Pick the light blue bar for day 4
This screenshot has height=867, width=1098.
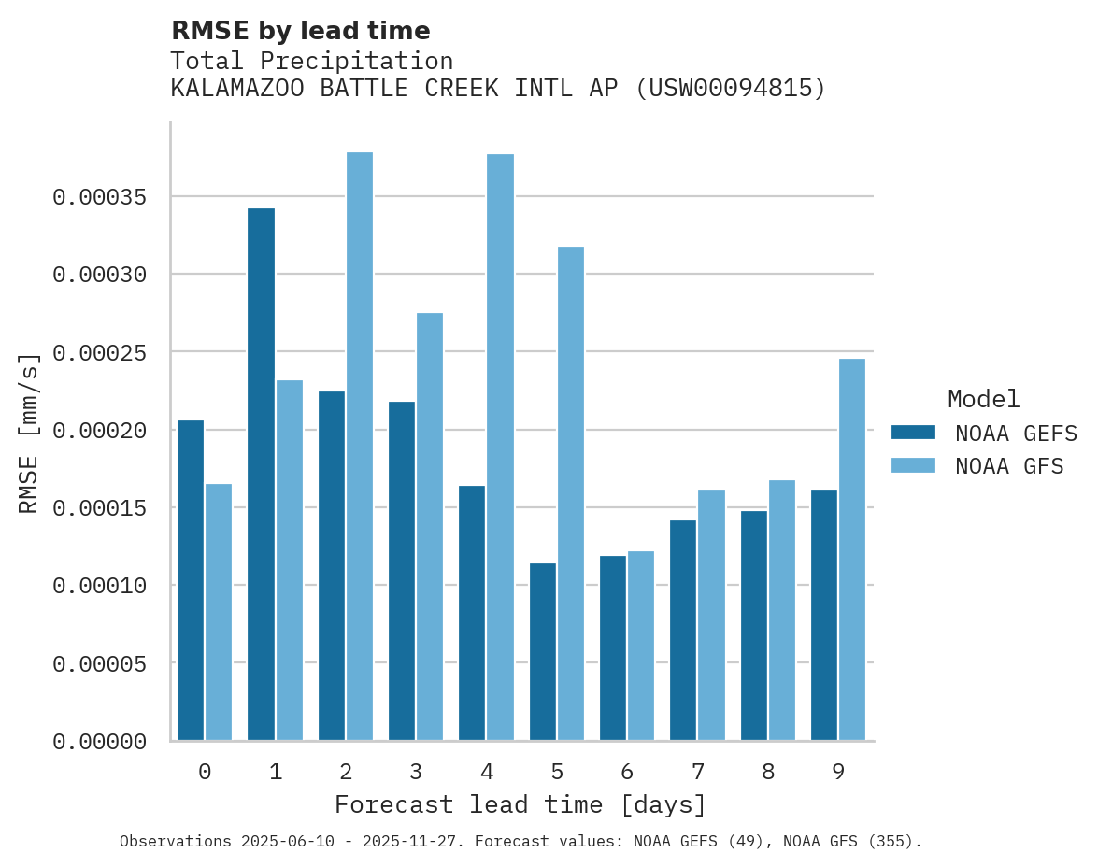point(500,448)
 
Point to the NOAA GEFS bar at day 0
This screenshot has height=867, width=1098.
point(191,580)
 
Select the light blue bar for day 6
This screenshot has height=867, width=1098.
point(641,646)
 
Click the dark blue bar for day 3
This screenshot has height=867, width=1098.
point(402,571)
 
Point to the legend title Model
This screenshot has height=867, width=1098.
point(983,399)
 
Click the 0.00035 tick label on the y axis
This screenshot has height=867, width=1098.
point(100,197)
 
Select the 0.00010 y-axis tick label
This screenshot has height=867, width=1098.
point(100,586)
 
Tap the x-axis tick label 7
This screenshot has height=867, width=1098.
point(698,772)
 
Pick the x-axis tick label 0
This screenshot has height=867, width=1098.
point(205,772)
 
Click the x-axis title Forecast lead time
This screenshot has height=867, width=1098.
point(520,804)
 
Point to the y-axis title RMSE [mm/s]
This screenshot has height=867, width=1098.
point(30,433)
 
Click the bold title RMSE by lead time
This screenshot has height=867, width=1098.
point(301,31)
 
